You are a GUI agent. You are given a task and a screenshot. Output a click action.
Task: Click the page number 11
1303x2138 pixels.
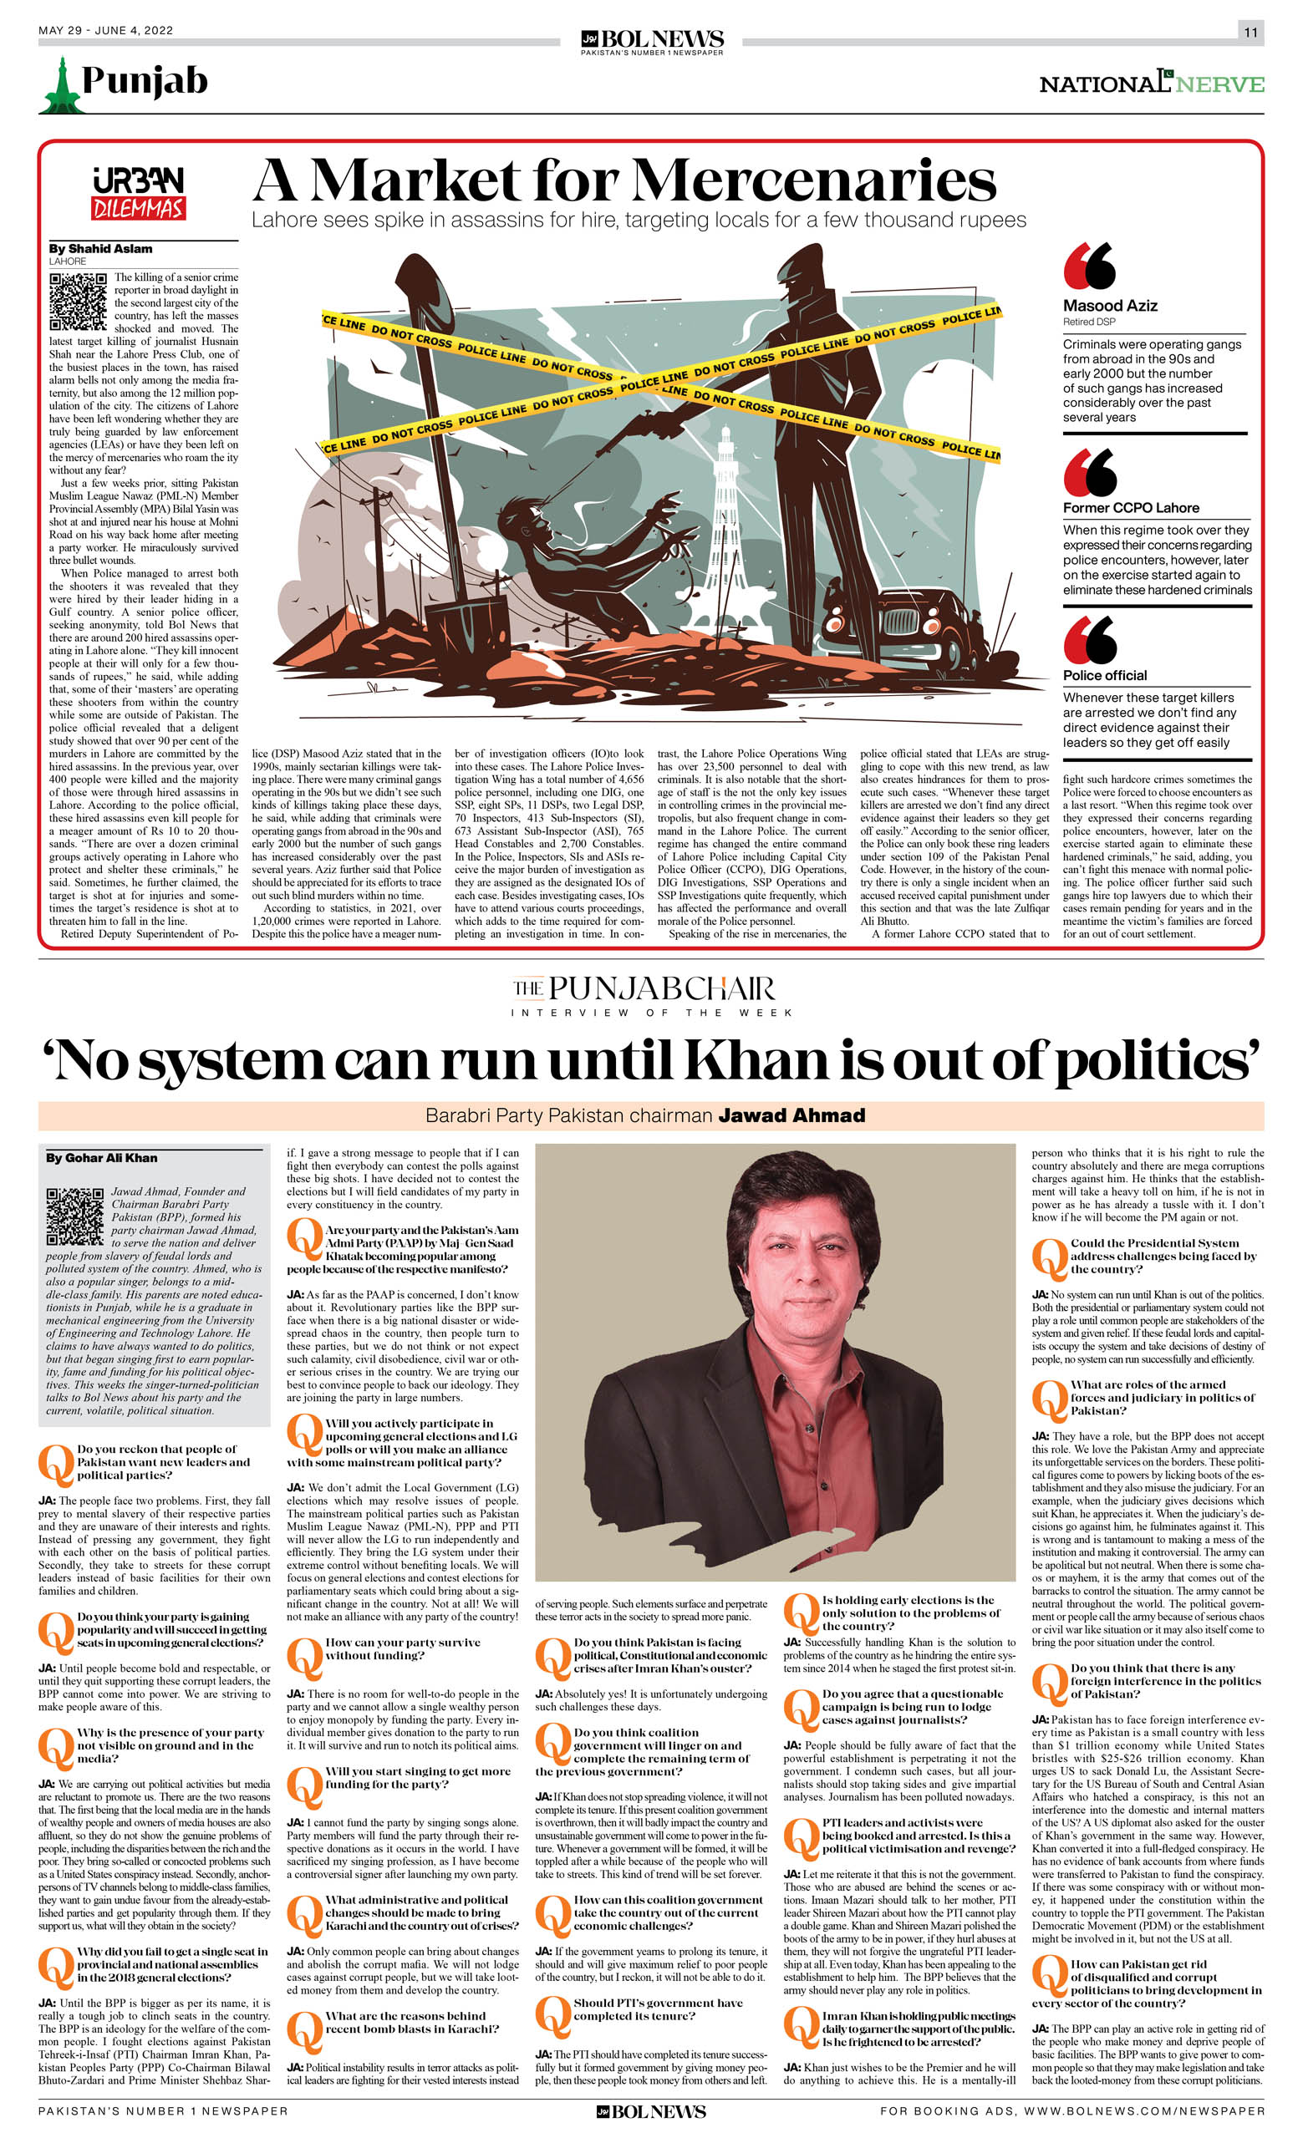(x=1250, y=32)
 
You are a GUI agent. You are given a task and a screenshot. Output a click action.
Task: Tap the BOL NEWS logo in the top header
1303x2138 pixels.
(x=652, y=40)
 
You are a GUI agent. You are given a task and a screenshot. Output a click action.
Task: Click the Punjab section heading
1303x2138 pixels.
(x=144, y=81)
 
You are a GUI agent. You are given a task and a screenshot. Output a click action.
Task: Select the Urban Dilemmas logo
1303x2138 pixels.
(x=139, y=193)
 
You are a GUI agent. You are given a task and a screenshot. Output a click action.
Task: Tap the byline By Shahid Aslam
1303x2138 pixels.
(x=100, y=249)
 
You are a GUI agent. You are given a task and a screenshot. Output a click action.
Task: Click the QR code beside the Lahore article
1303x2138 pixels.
(x=77, y=301)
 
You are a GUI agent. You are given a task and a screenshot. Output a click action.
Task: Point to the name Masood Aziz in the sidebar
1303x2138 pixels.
(x=1109, y=306)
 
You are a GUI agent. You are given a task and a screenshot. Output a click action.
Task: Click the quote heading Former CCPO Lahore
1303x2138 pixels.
(x=1130, y=508)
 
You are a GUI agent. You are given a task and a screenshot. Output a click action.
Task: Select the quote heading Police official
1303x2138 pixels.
(x=1104, y=675)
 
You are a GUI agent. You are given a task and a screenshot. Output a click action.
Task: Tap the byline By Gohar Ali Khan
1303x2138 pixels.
(x=102, y=1157)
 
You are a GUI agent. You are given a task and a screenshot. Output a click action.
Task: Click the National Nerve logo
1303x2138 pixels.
(x=1151, y=83)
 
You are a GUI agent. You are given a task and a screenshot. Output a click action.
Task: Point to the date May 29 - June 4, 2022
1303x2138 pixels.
(x=105, y=30)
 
